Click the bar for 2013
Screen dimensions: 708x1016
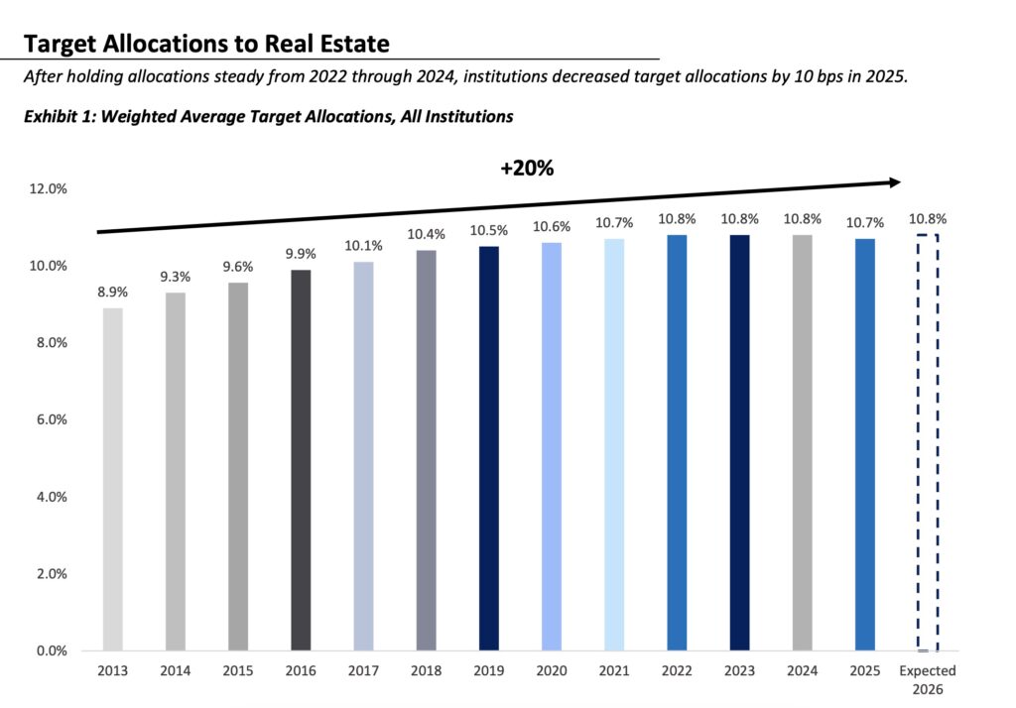[113, 479]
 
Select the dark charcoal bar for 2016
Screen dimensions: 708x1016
[301, 460]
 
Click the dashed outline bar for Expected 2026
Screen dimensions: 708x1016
[927, 442]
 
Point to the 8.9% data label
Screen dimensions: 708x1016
[112, 294]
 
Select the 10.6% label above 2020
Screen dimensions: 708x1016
[552, 227]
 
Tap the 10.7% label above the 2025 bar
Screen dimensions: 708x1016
[864, 223]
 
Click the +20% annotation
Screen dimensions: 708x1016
[526, 169]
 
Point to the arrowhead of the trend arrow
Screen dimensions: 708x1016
[894, 182]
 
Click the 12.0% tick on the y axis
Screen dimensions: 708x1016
[49, 188]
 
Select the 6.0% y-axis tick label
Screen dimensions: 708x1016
[51, 419]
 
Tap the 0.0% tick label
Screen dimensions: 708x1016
[51, 651]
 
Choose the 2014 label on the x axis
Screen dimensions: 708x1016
[175, 671]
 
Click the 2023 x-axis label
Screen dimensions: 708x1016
[739, 671]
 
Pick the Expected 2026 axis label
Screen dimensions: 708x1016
[927, 679]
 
